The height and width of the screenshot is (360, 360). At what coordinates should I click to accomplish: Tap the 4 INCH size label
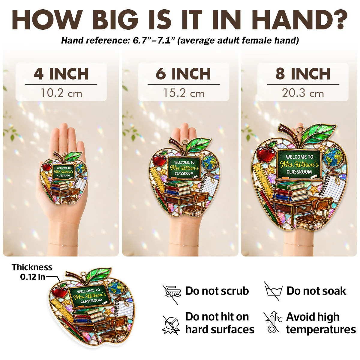[x=61, y=74]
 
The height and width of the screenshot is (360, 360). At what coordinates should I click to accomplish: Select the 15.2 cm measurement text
[x=184, y=93]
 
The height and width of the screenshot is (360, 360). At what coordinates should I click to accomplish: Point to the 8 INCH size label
[x=303, y=74]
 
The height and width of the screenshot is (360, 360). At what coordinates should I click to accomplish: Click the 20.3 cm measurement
[x=303, y=93]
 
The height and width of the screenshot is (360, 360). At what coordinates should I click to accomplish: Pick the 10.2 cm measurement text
[x=61, y=93]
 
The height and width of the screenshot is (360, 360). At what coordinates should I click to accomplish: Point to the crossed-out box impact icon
[x=171, y=325]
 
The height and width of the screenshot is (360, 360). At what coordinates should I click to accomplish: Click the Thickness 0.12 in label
[x=32, y=272]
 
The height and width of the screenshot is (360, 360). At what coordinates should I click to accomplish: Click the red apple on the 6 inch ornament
[x=160, y=160]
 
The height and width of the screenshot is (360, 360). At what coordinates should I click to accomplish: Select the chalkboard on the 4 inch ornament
[x=64, y=171]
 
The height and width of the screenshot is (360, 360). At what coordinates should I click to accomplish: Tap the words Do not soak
[x=316, y=291]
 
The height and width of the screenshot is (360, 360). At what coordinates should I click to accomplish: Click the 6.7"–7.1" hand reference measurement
[x=152, y=40]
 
